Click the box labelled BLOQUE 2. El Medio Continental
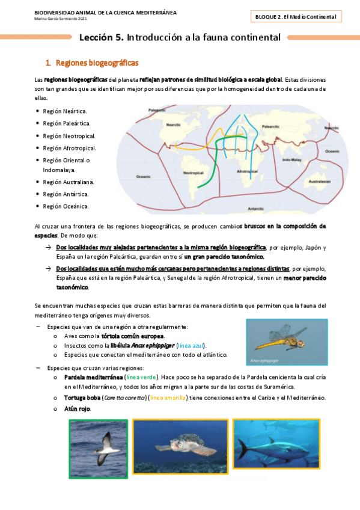click(296, 17)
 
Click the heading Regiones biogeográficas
click(97, 63)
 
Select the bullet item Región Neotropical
click(69, 136)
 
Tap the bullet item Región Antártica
click(66, 194)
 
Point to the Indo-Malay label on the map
click(291, 160)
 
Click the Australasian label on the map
click(320, 182)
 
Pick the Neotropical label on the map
click(194, 173)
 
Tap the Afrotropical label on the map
click(247, 171)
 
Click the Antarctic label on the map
click(256, 209)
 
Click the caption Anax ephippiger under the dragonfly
click(264, 360)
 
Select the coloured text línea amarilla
click(168, 398)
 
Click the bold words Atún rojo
click(77, 409)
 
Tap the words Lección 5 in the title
click(102, 37)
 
